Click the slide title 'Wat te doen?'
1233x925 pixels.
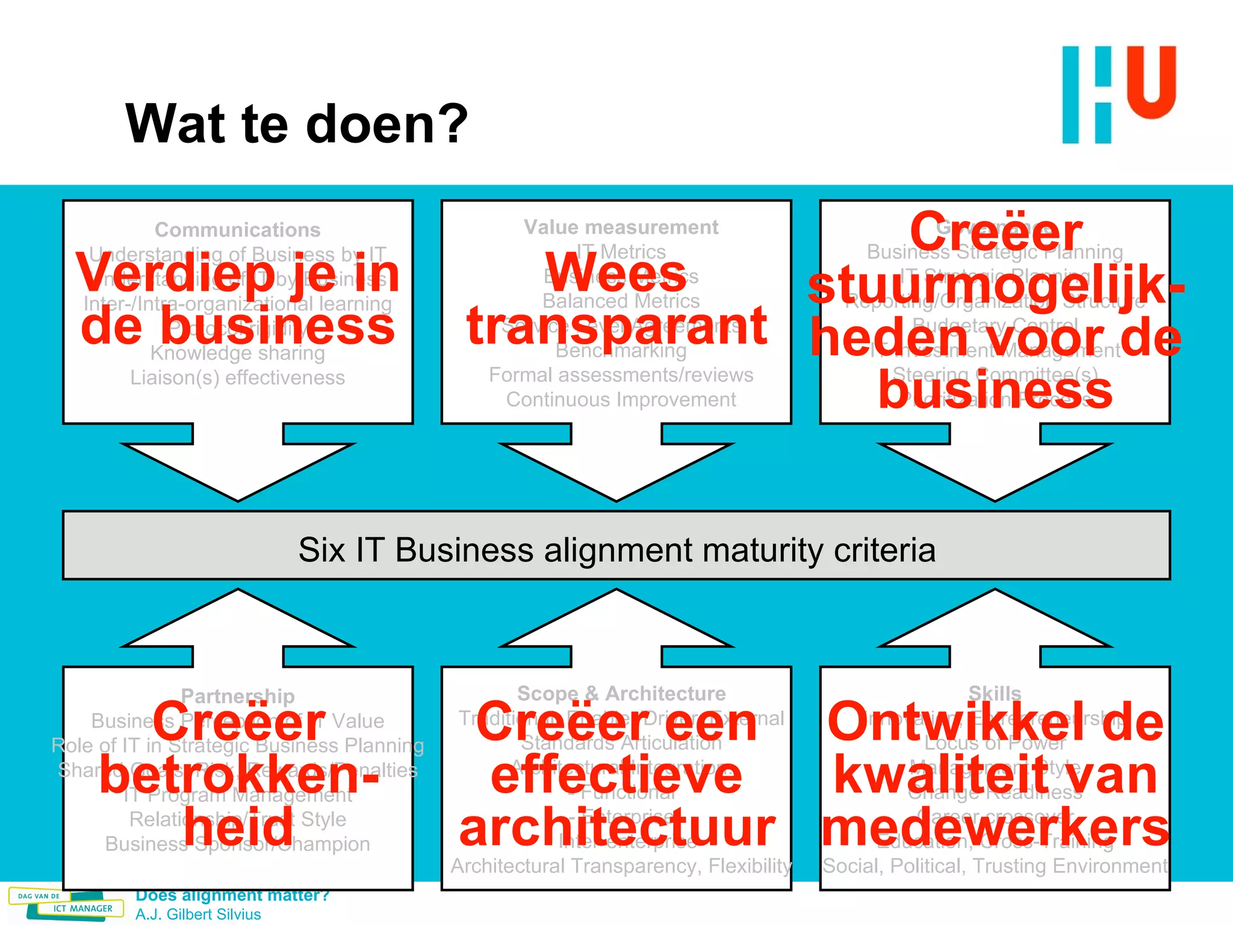(x=296, y=124)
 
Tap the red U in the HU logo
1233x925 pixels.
(x=1151, y=82)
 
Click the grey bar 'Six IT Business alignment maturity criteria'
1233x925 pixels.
(x=616, y=549)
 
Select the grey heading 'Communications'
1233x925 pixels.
(x=237, y=229)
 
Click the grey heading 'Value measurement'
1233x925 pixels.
(x=621, y=227)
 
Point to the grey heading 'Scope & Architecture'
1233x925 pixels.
(x=621, y=693)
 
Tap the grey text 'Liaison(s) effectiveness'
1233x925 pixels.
(x=237, y=378)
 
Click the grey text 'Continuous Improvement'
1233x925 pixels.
(x=621, y=399)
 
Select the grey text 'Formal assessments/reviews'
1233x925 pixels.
(x=621, y=375)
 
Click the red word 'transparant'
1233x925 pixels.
(x=616, y=326)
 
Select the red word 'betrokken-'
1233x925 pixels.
(x=239, y=776)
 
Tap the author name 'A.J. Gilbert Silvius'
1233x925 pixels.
(x=198, y=914)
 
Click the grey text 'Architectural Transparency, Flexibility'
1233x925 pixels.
(x=621, y=865)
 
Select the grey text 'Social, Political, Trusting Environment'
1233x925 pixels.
(x=995, y=865)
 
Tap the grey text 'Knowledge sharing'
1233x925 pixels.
(x=237, y=353)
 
